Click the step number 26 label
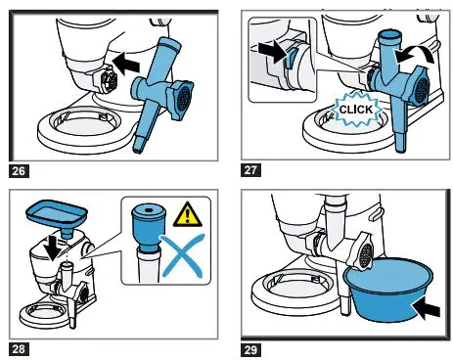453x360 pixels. point(19,171)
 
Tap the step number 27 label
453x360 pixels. point(250,170)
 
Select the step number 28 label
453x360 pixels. point(19,349)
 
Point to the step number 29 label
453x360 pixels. point(250,350)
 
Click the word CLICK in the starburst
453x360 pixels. point(356,110)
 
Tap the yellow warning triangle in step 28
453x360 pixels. point(187,215)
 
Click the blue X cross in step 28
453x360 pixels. point(183,255)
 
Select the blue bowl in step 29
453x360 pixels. point(388,289)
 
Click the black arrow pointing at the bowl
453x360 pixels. point(426,308)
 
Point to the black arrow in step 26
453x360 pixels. point(125,64)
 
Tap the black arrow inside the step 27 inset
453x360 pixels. point(271,51)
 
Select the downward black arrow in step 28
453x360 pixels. point(54,248)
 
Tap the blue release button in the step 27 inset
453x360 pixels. point(290,59)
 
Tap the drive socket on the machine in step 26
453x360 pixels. point(111,80)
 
